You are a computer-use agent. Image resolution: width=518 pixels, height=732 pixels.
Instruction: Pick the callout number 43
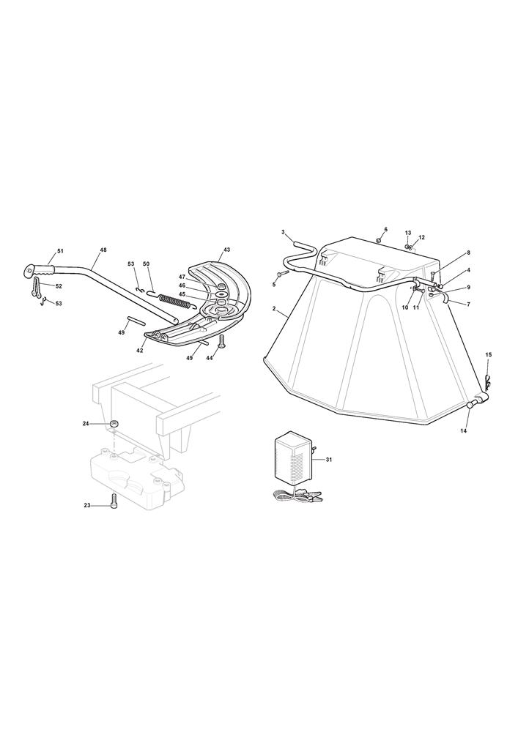click(226, 250)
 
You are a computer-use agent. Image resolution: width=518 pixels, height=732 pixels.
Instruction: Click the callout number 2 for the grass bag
click(274, 308)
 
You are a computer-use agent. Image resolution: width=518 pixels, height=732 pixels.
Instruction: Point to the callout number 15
click(489, 355)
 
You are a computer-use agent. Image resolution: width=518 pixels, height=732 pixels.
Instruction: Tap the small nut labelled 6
click(379, 240)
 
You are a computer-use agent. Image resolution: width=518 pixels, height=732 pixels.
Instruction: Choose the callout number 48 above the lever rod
click(103, 250)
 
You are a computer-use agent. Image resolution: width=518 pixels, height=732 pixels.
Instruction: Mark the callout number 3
click(283, 232)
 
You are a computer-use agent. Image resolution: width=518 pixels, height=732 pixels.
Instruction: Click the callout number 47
click(182, 277)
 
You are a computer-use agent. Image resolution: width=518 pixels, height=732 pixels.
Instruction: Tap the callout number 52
click(59, 285)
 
